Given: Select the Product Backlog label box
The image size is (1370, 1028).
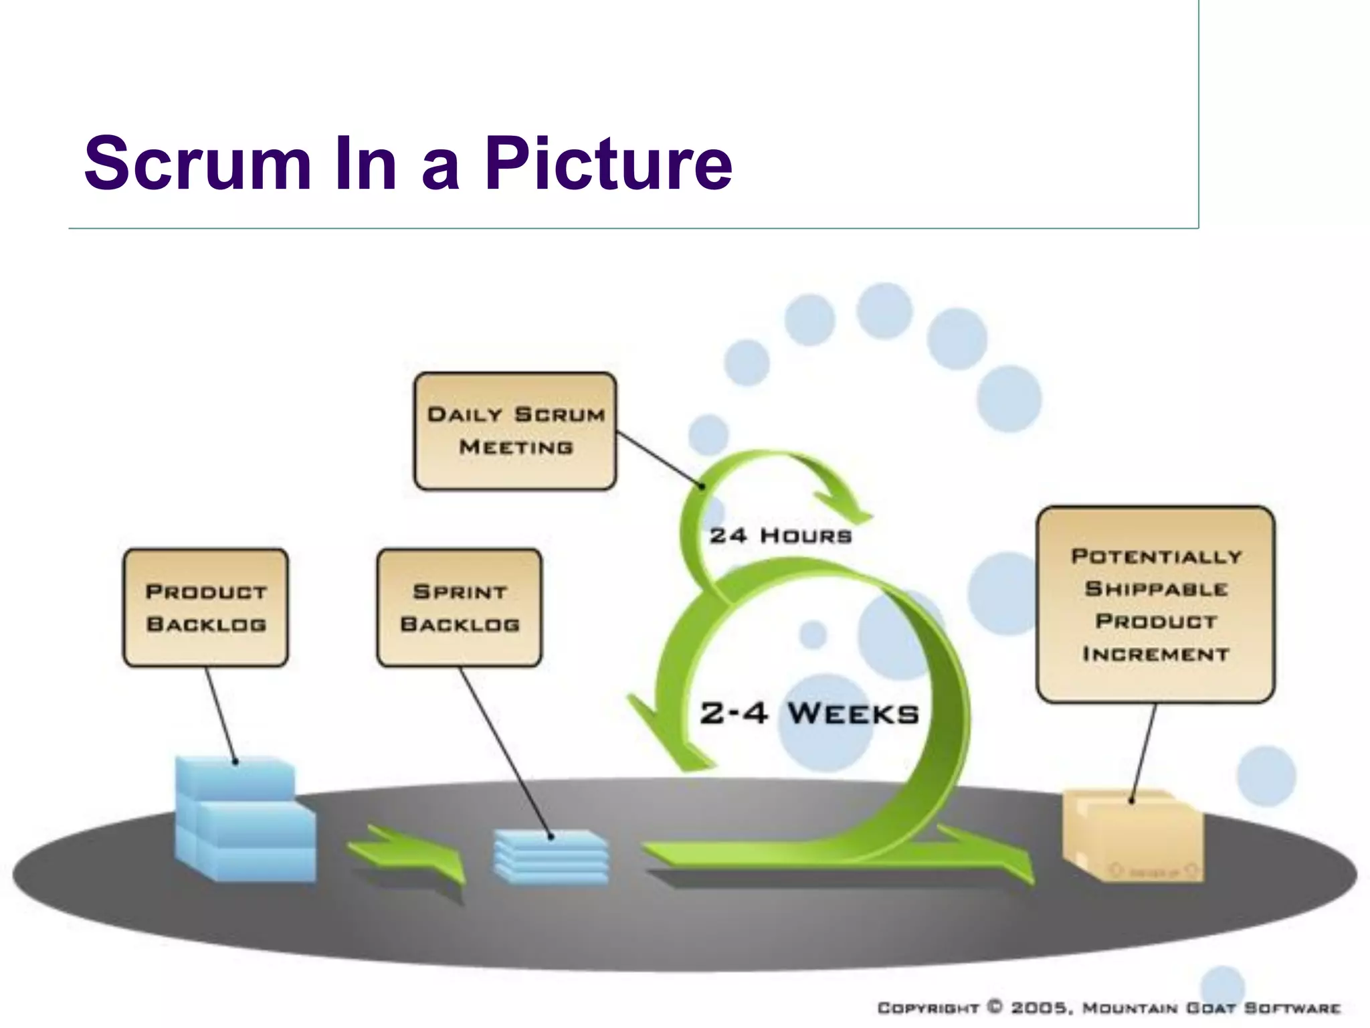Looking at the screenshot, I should tap(205, 608).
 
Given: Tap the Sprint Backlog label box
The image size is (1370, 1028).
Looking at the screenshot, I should tap(459, 608).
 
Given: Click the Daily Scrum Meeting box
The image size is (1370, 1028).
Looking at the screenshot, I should tap(515, 431).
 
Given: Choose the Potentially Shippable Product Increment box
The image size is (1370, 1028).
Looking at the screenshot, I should tap(1155, 604).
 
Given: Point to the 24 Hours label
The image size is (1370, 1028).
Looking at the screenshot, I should tap(781, 535).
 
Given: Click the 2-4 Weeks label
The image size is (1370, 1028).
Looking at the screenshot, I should tap(809, 713).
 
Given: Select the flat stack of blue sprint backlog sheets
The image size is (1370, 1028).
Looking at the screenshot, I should tap(551, 857).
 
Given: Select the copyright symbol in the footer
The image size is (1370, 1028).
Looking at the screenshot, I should tap(995, 1007).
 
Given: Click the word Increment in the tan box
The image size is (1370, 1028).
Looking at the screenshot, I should tap(1155, 654).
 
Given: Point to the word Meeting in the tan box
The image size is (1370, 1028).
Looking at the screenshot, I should tap(516, 447).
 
